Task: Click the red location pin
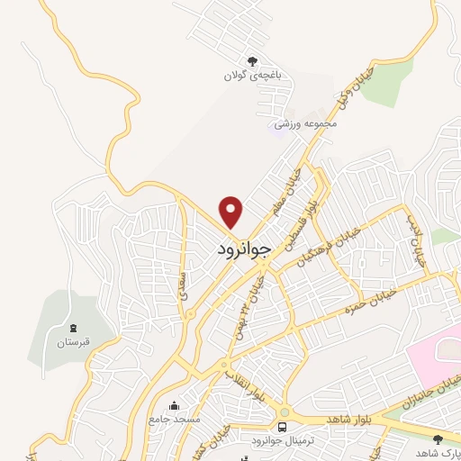(232, 211)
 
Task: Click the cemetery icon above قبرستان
(73, 327)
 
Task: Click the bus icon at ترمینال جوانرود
(284, 427)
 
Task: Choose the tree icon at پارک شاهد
(437, 439)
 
